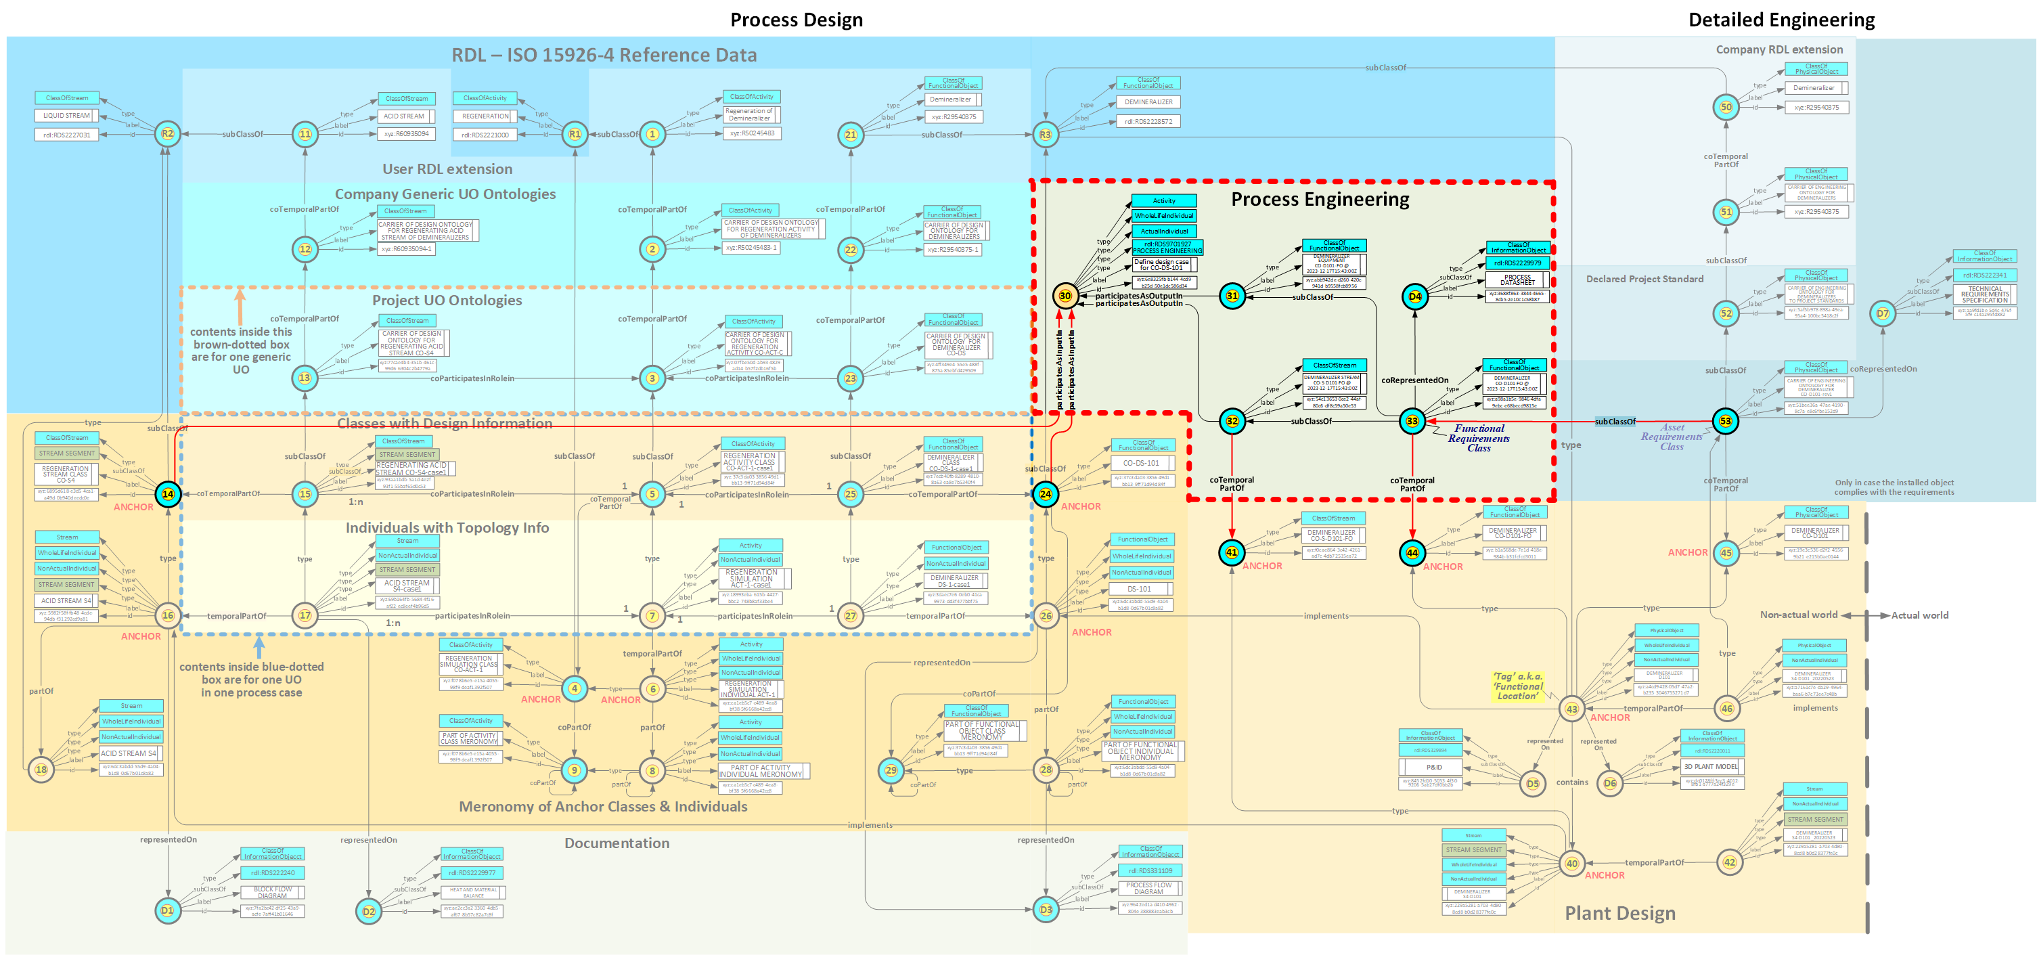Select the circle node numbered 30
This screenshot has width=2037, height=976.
1065,296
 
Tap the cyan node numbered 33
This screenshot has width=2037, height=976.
1412,421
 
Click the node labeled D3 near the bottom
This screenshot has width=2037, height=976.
1046,910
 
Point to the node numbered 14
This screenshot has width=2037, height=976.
168,493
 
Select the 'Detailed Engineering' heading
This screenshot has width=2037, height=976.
1781,20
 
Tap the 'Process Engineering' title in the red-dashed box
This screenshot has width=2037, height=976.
1319,199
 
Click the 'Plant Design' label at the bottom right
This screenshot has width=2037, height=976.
1619,913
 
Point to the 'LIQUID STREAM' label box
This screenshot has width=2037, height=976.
66,116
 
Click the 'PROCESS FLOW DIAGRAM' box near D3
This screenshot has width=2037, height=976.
1148,888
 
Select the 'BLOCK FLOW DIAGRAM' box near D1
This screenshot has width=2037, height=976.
272,892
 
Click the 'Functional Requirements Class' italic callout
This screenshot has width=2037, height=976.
1478,438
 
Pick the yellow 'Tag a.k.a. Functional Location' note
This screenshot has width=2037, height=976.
1517,686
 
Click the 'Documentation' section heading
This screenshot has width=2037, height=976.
616,843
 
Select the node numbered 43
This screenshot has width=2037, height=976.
1571,709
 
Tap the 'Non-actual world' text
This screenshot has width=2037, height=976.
1798,615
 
